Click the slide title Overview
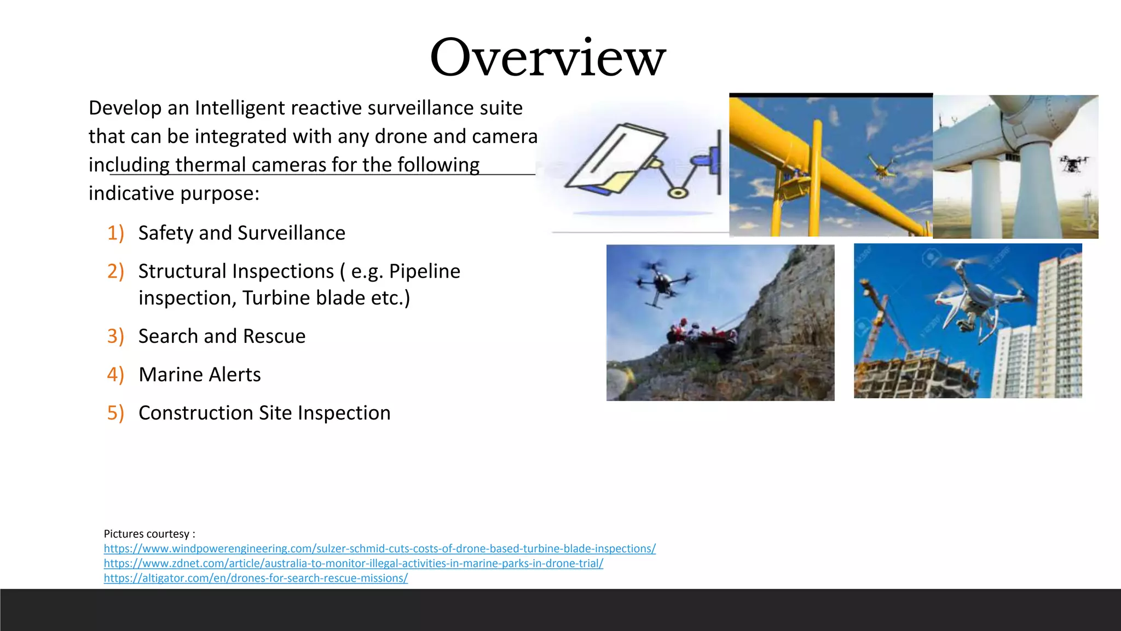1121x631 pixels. click(x=548, y=58)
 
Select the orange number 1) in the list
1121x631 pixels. click(x=115, y=233)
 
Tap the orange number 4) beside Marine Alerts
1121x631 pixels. click(x=115, y=375)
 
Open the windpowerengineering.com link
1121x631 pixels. click(x=379, y=548)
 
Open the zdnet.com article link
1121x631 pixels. click(x=353, y=563)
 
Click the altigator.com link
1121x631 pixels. click(x=256, y=578)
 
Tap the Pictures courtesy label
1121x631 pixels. click(x=149, y=534)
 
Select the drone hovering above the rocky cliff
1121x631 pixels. click(x=661, y=282)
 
